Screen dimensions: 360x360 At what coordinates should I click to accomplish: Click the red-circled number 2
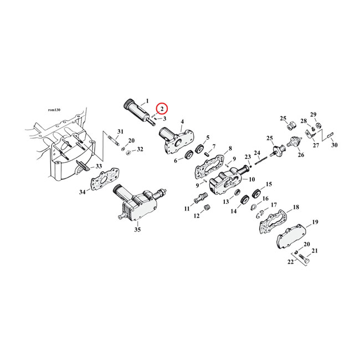(162, 109)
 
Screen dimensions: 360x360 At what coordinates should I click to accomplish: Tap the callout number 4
(182, 121)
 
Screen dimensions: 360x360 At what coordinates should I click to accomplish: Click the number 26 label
(301, 155)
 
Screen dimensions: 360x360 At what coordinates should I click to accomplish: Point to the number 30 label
(334, 145)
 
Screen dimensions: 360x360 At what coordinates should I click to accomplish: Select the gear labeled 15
(256, 193)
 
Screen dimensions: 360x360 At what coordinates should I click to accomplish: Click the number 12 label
(196, 215)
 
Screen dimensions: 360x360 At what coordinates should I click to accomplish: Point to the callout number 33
(99, 166)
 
